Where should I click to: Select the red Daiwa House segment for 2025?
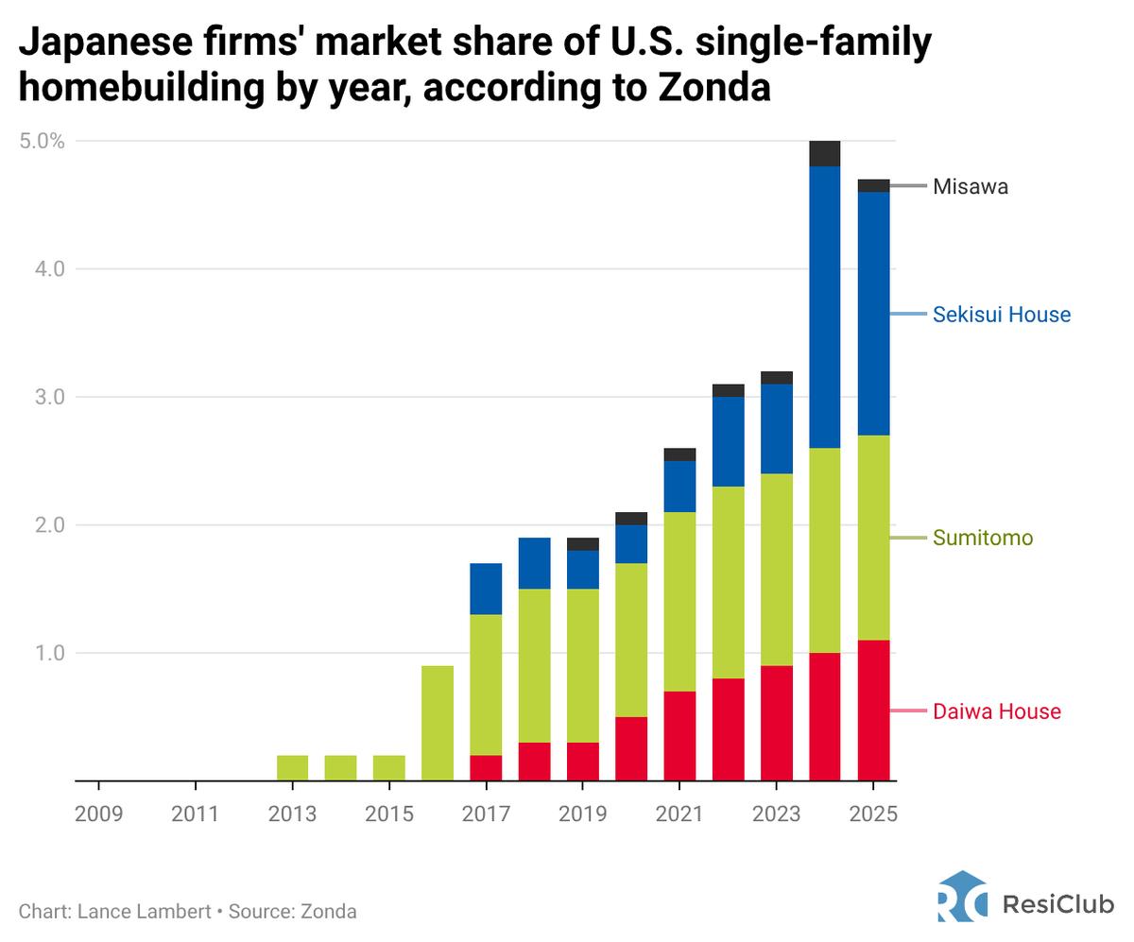tap(873, 711)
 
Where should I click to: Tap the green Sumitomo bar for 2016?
tap(438, 723)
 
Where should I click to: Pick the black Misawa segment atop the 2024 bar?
tap(824, 153)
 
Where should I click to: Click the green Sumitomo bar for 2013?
tap(293, 768)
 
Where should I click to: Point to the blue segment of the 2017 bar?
tap(486, 589)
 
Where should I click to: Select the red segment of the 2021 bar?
tap(679, 736)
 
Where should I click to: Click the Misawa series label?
tap(970, 187)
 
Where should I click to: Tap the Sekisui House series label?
tap(1001, 315)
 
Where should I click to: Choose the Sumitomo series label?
tap(982, 538)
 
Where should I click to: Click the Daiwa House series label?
tap(996, 711)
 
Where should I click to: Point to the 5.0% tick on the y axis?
tap(42, 142)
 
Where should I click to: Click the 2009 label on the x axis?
tap(98, 814)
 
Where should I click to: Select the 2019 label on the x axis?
tap(583, 814)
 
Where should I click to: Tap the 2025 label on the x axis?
tap(873, 814)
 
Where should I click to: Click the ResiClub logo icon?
tap(962, 896)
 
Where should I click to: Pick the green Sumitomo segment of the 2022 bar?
tap(728, 582)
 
